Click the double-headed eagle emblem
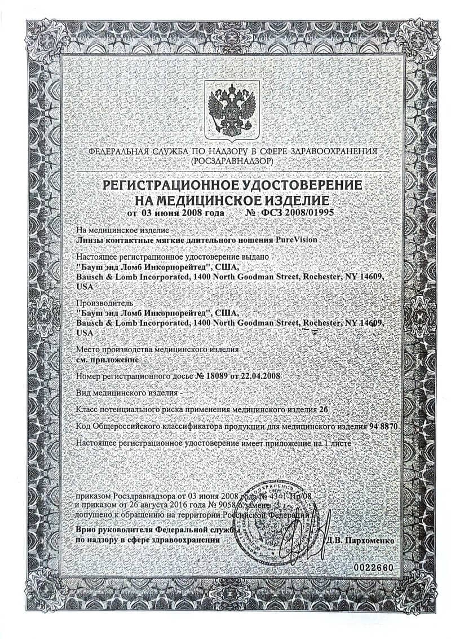(x=232, y=110)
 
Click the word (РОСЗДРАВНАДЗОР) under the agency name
(x=232, y=161)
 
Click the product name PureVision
(x=297, y=239)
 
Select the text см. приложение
(x=106, y=358)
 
